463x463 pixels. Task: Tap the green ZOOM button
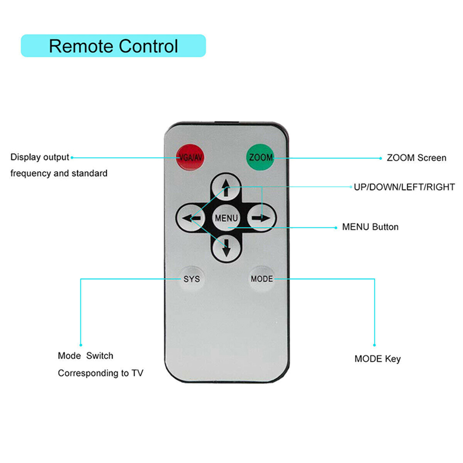(260, 158)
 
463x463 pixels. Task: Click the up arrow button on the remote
(226, 188)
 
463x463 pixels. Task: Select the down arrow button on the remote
(226, 248)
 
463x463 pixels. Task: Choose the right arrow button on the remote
(261, 218)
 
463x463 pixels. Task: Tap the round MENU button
(226, 218)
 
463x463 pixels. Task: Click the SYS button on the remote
(192, 279)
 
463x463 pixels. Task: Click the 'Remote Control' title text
(113, 46)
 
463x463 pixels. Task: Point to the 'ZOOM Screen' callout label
(416, 158)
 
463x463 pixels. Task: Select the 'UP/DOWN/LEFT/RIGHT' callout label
(404, 187)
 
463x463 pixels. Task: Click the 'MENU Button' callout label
(370, 227)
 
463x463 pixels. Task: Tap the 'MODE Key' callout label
(378, 359)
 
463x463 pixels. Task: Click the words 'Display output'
(40, 157)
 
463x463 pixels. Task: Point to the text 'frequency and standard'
(59, 173)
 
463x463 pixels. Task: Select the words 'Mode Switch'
(85, 355)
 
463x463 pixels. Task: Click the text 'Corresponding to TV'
(100, 373)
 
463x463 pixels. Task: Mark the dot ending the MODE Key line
(374, 345)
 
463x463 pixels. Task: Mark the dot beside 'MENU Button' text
(336, 228)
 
